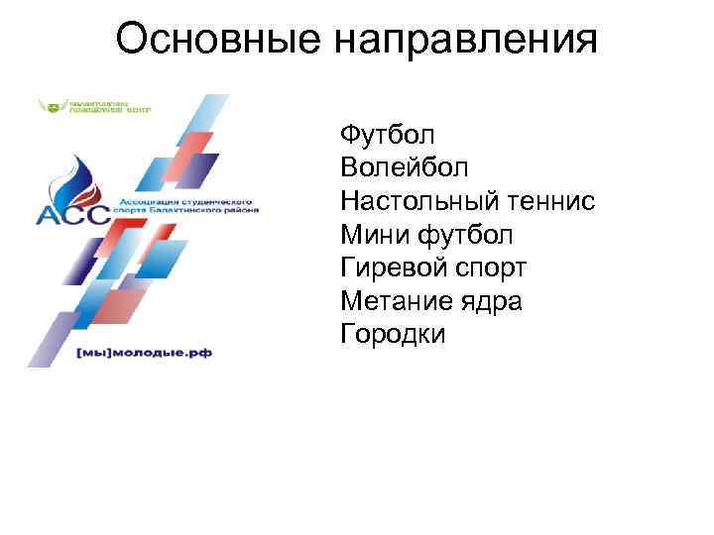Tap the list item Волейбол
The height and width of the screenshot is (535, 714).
pos(404,167)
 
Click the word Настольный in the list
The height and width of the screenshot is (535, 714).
pos(417,201)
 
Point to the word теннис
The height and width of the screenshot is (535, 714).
pos(549,201)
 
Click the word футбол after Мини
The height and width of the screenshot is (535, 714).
pos(465,235)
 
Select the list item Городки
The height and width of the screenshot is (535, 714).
pos(393,335)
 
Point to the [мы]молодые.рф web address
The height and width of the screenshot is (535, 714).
pos(147,353)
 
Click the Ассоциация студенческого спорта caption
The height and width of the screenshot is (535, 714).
pos(188,203)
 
